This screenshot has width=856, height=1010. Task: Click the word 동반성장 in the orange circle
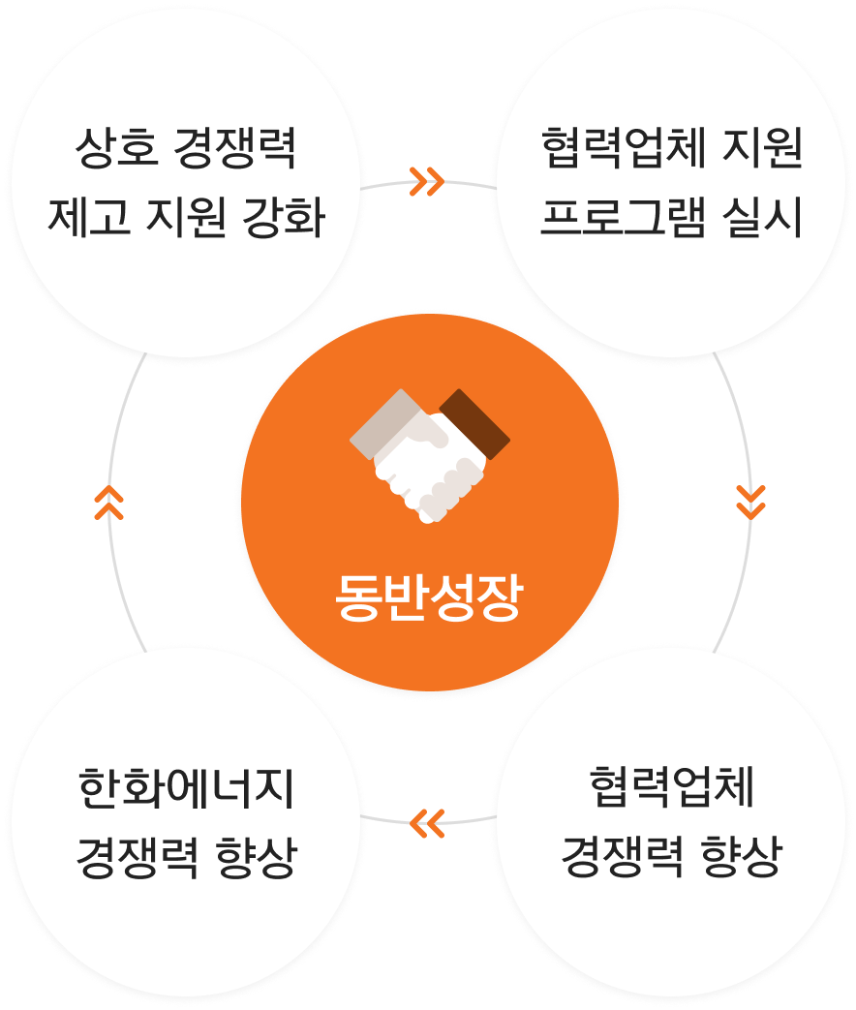point(428,598)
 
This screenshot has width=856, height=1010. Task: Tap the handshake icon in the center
point(429,454)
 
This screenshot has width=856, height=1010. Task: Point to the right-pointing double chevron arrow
point(426,181)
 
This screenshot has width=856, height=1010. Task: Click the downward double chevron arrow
point(750,501)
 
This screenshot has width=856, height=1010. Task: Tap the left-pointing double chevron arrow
point(426,822)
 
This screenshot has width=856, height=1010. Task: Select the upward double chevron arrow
point(108,502)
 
